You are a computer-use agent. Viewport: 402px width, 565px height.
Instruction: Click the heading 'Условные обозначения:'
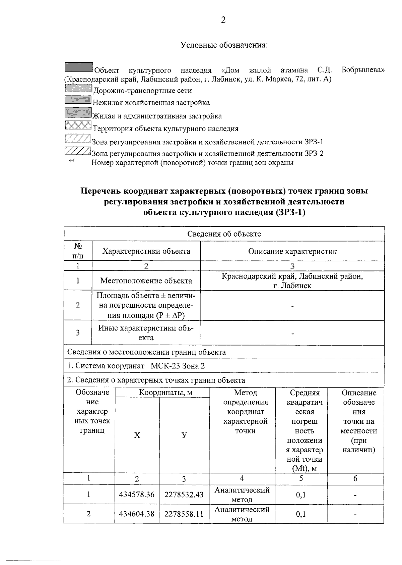[x=224, y=45]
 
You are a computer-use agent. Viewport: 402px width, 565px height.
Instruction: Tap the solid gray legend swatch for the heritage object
[x=79, y=67]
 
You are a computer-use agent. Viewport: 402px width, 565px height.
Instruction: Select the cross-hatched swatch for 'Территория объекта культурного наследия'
[x=78, y=125]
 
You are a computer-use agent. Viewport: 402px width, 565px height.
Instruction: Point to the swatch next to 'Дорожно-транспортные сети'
[x=78, y=88]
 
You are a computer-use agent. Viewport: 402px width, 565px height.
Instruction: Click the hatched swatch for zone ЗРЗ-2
[x=77, y=151]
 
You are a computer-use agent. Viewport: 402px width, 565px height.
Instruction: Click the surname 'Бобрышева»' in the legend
[x=363, y=70]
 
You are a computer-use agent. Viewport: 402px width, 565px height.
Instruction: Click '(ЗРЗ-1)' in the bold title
[x=290, y=213]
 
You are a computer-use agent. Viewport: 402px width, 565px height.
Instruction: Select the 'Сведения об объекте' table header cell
[x=224, y=234]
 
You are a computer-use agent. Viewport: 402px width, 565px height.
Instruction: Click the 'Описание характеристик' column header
[x=292, y=251]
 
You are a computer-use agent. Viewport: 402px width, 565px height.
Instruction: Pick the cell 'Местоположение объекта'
[x=146, y=281]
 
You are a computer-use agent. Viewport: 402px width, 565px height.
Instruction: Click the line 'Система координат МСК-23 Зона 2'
[x=136, y=366]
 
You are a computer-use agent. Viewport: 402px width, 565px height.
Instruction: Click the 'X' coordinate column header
[x=137, y=435]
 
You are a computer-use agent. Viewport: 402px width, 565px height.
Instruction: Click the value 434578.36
[x=137, y=495]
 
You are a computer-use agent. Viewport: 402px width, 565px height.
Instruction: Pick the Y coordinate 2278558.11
[x=184, y=514]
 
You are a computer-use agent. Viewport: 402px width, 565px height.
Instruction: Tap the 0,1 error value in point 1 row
[x=301, y=495]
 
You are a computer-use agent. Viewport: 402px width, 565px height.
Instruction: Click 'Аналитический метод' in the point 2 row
[x=242, y=514]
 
